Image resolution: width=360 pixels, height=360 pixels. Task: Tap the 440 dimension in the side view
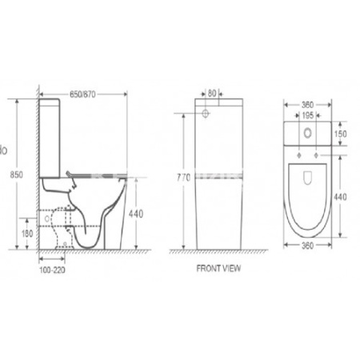coord(137,214)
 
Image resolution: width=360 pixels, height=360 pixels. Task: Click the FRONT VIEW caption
coord(218,268)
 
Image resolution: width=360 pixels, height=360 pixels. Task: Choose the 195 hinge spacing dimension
coord(306,114)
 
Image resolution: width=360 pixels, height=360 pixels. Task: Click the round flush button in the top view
coord(306,130)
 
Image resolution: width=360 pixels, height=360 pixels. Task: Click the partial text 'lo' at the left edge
coord(4,148)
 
